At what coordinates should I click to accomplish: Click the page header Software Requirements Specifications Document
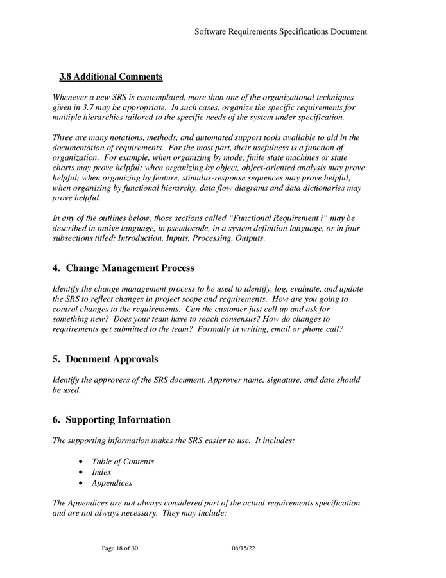[x=280, y=31]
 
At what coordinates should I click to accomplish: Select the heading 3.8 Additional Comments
[x=110, y=77]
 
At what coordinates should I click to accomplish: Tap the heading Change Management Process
[x=130, y=268]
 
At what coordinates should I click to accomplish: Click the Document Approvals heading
[x=112, y=359]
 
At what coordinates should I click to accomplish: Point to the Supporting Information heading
[x=118, y=420]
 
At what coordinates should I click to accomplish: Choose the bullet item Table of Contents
[x=123, y=462]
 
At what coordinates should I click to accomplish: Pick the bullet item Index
[x=101, y=472]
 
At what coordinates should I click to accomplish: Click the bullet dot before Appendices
[x=80, y=483]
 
